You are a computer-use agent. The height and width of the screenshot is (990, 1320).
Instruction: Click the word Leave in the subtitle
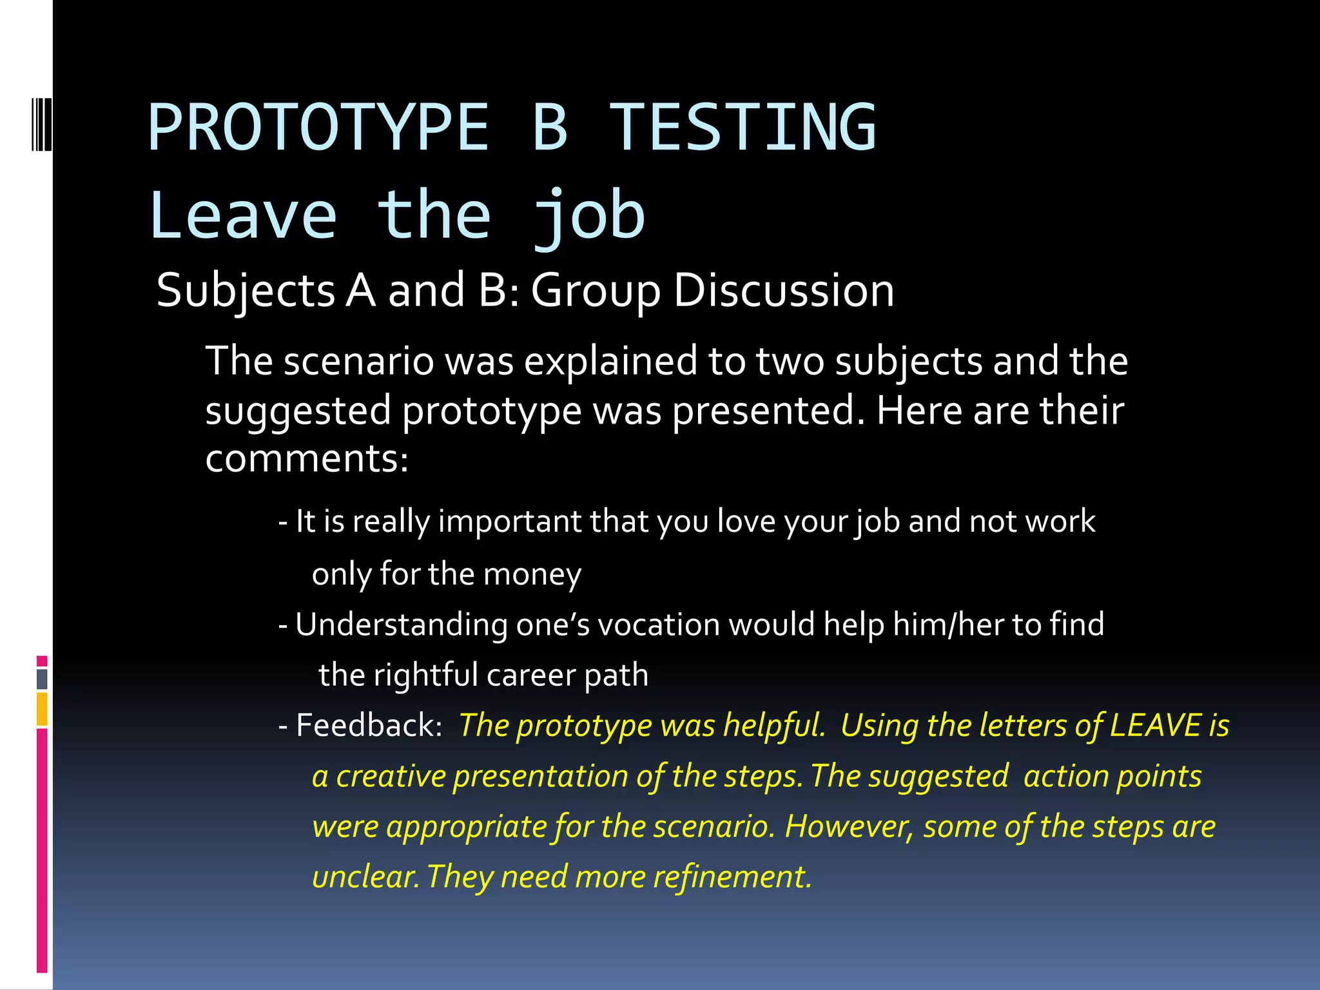coord(243,216)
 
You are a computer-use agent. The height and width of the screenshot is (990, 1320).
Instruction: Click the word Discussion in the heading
coord(784,290)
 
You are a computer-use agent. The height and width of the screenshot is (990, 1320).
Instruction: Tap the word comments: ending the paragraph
coord(307,459)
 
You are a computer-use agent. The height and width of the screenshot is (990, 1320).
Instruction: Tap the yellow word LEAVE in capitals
coord(1155,725)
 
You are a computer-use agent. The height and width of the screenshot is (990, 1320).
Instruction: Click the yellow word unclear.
coord(365,877)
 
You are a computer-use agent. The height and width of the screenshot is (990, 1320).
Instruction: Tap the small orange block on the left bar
coord(42,709)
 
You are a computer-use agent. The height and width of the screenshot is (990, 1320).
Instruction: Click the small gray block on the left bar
coord(42,679)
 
